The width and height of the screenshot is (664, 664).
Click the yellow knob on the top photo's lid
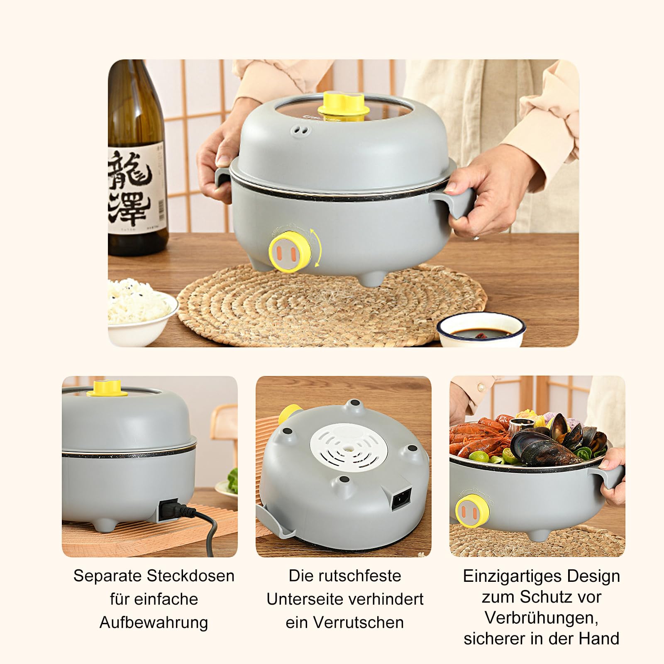341,104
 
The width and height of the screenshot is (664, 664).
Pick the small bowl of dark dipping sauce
481,332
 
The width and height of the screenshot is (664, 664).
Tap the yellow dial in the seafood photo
471,511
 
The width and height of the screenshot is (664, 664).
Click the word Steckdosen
190,576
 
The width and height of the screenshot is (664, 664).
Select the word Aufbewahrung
154,622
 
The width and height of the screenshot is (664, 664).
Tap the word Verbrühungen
541,618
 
